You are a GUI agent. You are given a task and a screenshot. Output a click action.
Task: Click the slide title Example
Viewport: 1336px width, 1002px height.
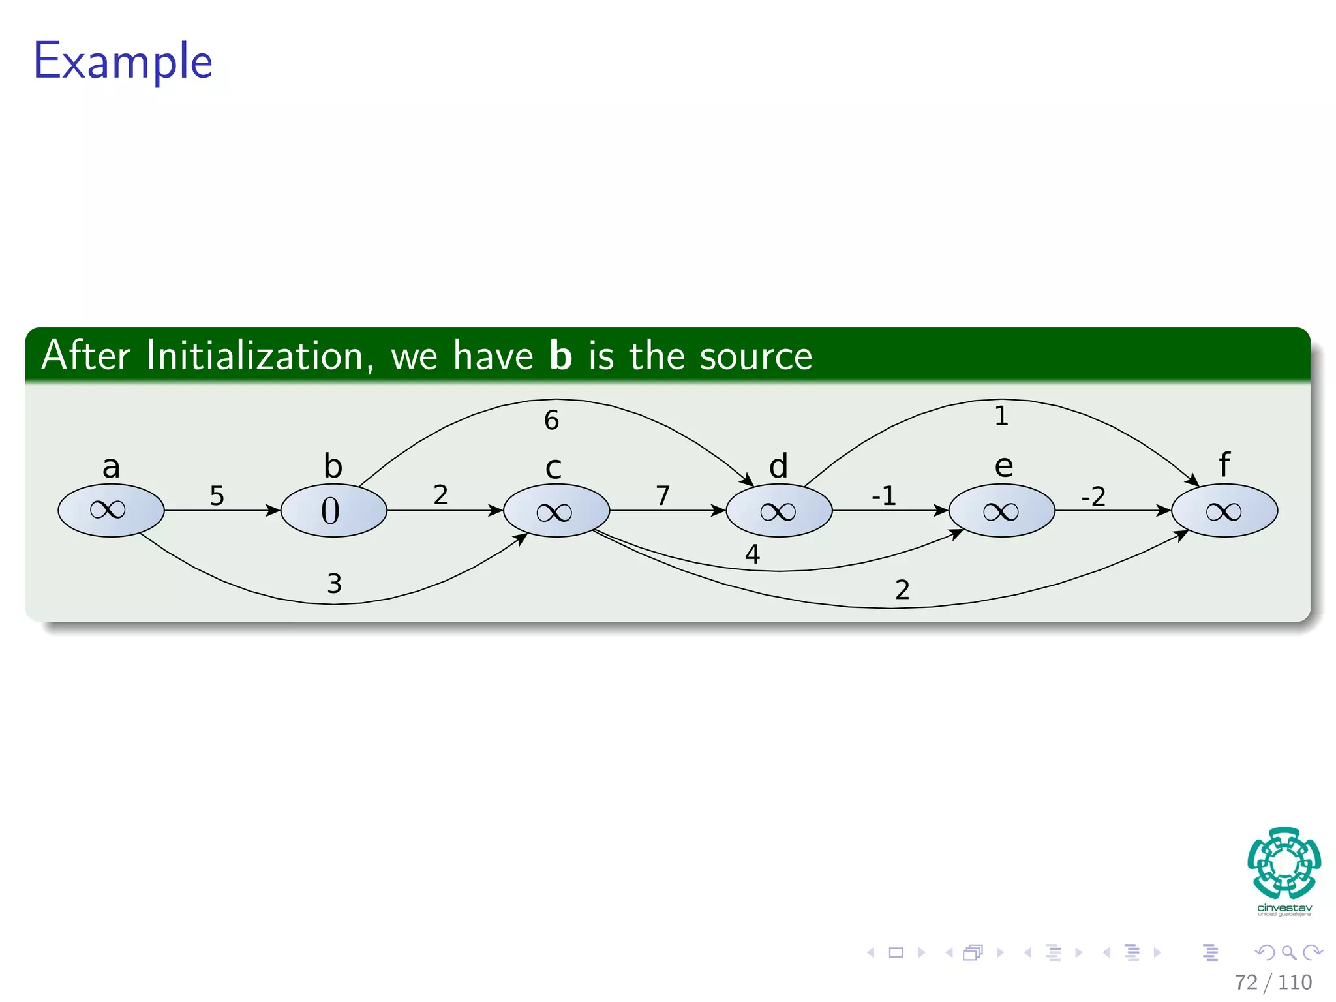point(123,61)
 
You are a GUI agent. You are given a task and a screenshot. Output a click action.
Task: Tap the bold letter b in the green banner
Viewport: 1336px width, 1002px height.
point(560,356)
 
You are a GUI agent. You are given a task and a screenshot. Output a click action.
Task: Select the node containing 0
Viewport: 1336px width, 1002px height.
point(333,510)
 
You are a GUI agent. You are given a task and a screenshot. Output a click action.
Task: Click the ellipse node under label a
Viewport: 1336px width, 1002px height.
point(111,510)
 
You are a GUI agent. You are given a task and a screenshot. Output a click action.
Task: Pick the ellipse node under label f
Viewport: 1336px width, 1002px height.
point(1224,510)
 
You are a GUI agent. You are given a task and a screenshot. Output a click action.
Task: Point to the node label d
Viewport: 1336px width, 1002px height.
point(778,466)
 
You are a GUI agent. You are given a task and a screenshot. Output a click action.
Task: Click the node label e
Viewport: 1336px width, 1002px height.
point(1003,466)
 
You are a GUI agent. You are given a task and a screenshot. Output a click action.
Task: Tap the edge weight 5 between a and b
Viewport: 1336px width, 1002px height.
point(217,496)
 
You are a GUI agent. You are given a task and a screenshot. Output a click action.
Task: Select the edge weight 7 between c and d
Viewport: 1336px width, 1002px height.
point(663,495)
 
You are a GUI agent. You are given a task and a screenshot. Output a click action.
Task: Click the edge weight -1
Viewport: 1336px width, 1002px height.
point(884,496)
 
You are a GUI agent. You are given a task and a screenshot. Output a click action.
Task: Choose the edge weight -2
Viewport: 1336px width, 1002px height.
point(1093,496)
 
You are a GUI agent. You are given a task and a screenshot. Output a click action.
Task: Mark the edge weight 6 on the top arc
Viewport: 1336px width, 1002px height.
point(551,420)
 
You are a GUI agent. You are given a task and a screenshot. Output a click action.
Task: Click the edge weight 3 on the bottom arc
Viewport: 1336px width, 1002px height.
point(334,583)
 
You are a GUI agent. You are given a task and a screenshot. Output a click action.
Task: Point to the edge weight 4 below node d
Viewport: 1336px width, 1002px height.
point(752,554)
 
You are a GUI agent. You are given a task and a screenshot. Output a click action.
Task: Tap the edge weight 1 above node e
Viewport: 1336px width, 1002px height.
point(1001,416)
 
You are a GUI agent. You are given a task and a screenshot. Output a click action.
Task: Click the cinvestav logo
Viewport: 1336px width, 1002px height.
point(1284,871)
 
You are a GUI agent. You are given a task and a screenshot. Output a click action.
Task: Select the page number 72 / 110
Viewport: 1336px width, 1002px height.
point(1273,982)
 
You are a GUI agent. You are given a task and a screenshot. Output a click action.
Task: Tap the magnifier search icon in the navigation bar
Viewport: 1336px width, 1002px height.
point(1288,952)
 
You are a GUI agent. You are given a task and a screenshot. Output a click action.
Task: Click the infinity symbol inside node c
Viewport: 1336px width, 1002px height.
point(554,512)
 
